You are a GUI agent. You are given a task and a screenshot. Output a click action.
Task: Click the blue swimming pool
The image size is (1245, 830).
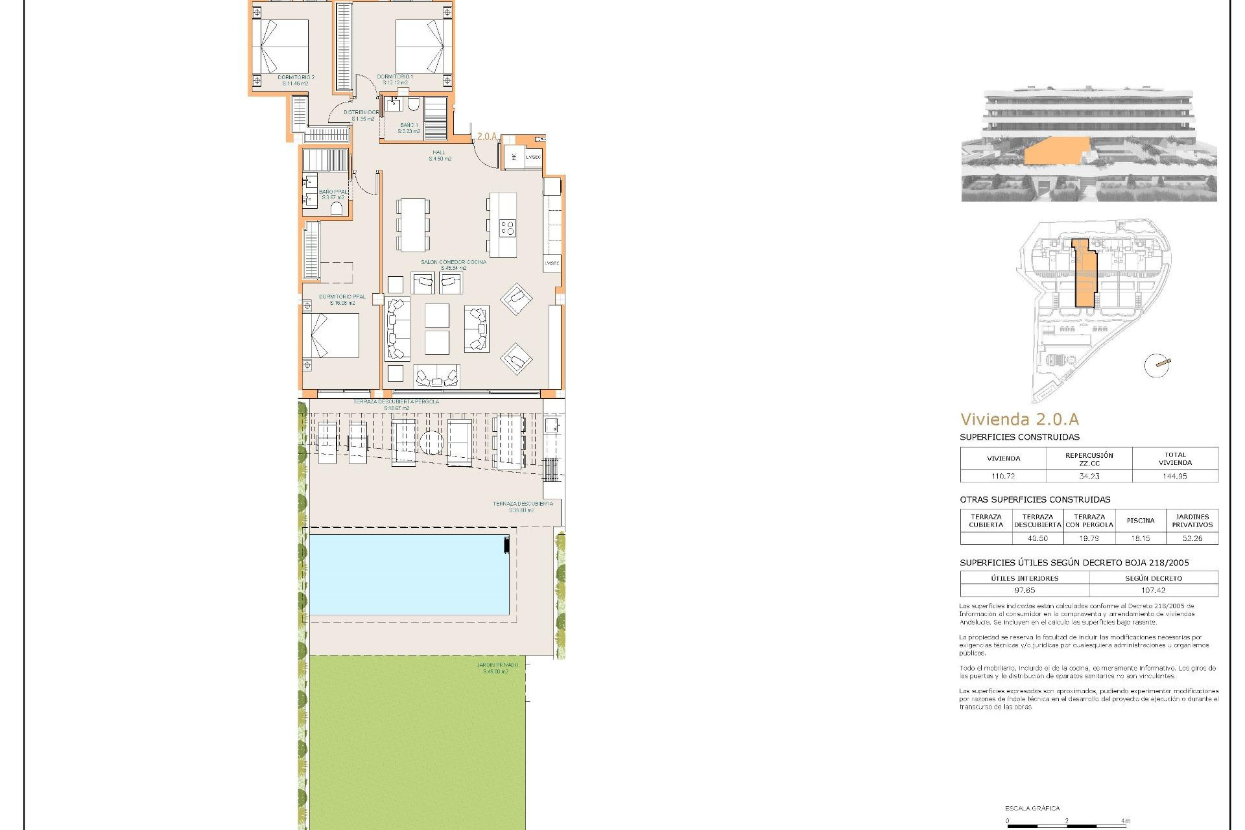[409, 574]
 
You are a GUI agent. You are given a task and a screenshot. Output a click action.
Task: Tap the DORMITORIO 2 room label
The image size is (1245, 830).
[296, 77]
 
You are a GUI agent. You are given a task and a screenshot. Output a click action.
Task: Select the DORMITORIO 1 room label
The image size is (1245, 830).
[395, 77]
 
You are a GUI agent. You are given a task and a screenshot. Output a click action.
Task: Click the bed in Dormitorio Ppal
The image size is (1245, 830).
[331, 335]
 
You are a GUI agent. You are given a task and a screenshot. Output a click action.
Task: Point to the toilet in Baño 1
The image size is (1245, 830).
[414, 106]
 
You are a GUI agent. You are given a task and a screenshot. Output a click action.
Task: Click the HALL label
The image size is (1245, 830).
[439, 152]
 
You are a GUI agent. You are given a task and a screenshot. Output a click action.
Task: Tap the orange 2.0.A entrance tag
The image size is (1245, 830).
[486, 137]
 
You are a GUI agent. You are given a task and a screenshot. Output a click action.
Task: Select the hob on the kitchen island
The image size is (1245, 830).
[506, 228]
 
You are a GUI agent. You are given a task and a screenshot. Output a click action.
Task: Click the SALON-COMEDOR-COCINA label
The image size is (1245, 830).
[453, 262]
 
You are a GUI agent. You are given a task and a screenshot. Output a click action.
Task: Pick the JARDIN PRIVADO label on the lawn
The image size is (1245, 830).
[497, 665]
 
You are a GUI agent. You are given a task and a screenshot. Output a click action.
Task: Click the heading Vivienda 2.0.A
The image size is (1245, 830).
[1019, 420]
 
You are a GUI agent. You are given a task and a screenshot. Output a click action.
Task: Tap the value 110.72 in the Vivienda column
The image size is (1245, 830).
[1002, 476]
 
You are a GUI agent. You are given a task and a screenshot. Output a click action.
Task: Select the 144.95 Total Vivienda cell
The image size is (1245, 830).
[1174, 476]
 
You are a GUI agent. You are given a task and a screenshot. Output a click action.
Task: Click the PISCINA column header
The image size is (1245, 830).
[1140, 521]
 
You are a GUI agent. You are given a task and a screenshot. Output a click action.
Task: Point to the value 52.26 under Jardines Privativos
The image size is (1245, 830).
[1192, 538]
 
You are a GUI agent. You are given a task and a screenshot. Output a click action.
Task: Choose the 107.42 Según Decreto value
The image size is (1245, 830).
[1153, 590]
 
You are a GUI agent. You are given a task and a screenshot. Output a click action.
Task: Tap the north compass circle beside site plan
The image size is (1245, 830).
[1157, 366]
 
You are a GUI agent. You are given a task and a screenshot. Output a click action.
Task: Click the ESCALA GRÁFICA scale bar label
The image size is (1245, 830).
[1032, 809]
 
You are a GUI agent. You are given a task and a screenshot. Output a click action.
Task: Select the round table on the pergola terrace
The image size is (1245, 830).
[431, 443]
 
